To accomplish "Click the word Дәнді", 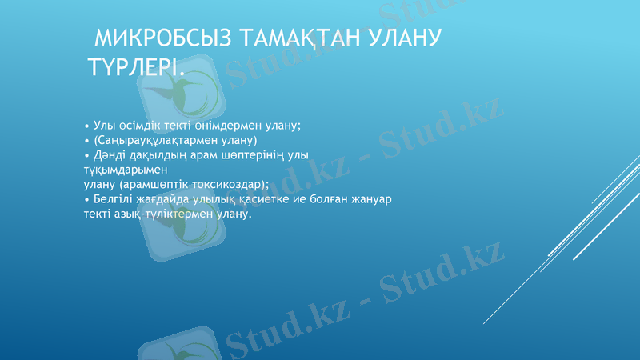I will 108,154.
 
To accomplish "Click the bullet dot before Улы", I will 86,126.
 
